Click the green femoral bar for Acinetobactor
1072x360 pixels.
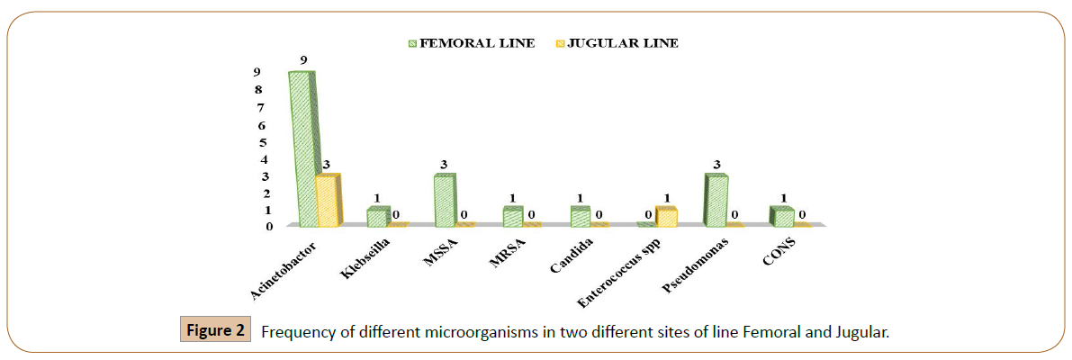point(302,148)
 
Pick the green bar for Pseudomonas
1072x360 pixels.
point(716,200)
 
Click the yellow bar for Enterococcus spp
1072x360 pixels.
point(666,216)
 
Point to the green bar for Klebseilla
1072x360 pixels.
point(377,217)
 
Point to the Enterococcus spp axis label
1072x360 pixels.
point(632,266)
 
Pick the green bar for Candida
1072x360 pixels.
point(581,216)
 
